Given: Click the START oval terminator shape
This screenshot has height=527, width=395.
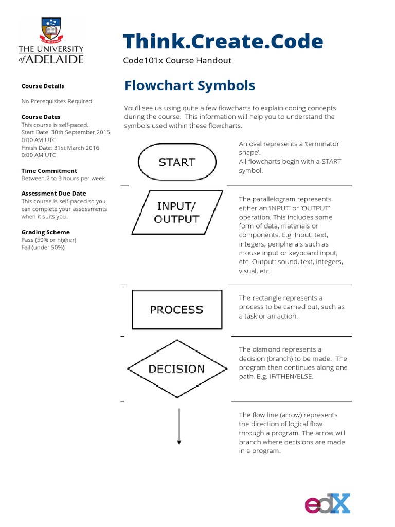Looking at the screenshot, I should tap(177, 162).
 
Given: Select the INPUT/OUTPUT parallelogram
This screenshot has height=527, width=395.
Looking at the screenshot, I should tap(177, 212).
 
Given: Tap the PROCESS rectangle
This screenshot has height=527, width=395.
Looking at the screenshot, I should tap(177, 309).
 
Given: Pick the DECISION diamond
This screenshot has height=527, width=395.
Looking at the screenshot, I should tap(176, 368).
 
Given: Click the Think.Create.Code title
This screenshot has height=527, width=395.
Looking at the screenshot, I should tap(223, 41).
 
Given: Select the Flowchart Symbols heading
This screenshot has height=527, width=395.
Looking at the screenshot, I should tap(189, 85).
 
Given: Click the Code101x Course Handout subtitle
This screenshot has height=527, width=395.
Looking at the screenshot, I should tap(177, 60).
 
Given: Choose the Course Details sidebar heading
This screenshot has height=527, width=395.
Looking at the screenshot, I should tap(43, 86).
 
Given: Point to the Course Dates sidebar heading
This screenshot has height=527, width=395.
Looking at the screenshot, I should tap(41, 117).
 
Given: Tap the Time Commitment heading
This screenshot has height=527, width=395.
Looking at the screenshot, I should tap(49, 170).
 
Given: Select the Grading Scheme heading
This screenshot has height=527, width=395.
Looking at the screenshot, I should tap(45, 232).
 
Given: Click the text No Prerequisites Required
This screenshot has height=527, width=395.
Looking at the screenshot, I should tap(57, 101).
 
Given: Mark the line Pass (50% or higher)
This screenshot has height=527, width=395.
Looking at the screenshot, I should tap(48, 240).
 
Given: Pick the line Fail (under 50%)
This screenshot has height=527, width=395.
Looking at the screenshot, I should tap(43, 248).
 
